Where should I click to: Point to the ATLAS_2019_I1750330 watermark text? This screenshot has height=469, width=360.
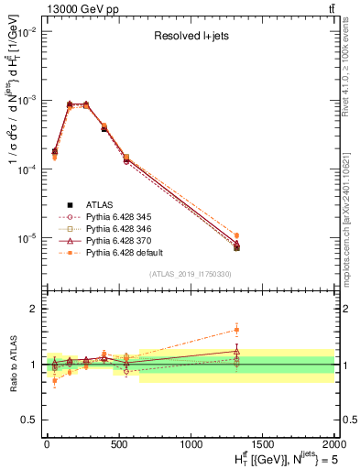pyautogui.click(x=191, y=274)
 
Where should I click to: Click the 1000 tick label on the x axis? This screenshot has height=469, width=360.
pyautogui.click(x=191, y=443)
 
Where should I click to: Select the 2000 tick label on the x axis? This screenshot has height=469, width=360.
pyautogui.click(x=333, y=443)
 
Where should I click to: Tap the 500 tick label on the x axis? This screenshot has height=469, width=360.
pyautogui.click(x=119, y=443)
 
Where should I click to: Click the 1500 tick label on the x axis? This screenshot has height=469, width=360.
pyautogui.click(x=262, y=443)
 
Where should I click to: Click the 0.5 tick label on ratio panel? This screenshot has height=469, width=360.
pyautogui.click(x=30, y=420)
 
